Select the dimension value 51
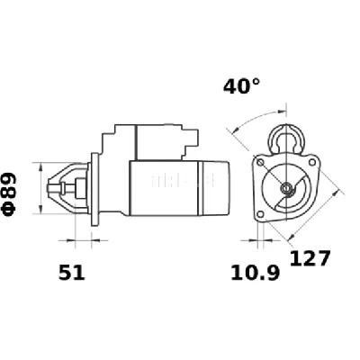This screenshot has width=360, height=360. click(x=72, y=273)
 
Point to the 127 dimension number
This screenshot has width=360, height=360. click(x=311, y=259)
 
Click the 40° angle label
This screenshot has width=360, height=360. click(x=241, y=87)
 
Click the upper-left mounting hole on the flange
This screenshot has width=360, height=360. click(x=262, y=164)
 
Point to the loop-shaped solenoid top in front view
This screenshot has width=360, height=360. click(x=288, y=138)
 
